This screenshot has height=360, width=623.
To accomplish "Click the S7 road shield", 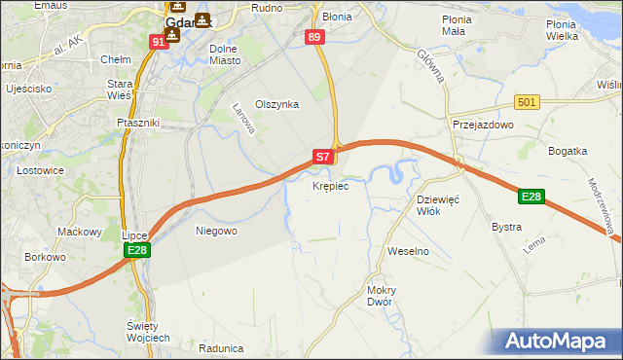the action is tap(324, 156).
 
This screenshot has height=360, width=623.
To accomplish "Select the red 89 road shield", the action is tap(313, 37).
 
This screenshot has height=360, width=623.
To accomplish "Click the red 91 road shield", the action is tap(159, 43).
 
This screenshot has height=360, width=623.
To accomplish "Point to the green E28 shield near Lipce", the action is tap(137, 251).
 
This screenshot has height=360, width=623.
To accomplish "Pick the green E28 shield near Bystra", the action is tap(531, 198).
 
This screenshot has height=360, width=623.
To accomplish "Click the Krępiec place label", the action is tap(330, 185).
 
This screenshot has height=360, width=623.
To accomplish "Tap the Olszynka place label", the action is tap(276, 104).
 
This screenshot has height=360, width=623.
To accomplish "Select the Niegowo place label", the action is tap(216, 231).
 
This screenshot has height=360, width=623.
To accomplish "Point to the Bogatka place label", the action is tap(568, 151).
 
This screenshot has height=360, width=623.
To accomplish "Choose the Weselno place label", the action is tap(408, 251).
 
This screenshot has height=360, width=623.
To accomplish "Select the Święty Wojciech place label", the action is tap(148, 331).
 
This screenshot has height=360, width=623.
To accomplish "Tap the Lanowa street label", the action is tap(243, 120).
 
